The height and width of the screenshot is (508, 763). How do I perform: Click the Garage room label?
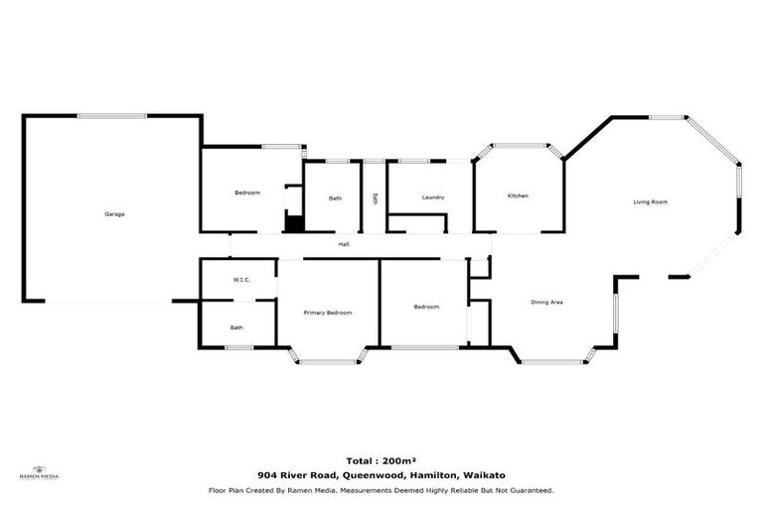[114, 214]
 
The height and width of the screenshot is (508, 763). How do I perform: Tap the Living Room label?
[651, 202]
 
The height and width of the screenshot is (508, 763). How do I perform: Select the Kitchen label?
[518, 196]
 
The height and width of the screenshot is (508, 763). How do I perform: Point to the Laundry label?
[432, 197]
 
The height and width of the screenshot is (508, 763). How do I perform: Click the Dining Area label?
[546, 302]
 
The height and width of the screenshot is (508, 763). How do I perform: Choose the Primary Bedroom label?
[327, 313]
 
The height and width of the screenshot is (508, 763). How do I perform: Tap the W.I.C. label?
[241, 280]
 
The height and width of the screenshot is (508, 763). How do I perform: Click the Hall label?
[343, 244]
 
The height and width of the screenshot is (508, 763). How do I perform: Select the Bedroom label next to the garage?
[246, 192]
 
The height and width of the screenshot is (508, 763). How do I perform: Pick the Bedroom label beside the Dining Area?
[425, 308]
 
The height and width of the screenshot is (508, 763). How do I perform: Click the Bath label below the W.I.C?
[236, 327]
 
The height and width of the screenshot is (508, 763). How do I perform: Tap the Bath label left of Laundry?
[335, 198]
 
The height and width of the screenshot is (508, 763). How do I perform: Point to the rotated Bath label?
[375, 197]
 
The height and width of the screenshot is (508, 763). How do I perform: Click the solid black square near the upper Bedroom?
[293, 222]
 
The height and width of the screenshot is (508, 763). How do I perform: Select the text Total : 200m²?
[381, 461]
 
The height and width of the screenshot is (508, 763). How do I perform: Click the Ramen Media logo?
[40, 472]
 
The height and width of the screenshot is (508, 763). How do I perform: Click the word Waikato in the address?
[486, 475]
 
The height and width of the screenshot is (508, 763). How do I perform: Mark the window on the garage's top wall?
[111, 116]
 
